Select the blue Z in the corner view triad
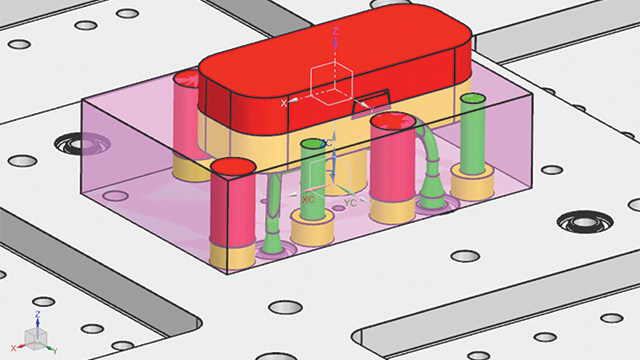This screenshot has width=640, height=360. [37, 314]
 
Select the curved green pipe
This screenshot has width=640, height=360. [432, 160]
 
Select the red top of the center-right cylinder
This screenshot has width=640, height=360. [392, 125]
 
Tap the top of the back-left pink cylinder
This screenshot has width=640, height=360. [187, 77]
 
